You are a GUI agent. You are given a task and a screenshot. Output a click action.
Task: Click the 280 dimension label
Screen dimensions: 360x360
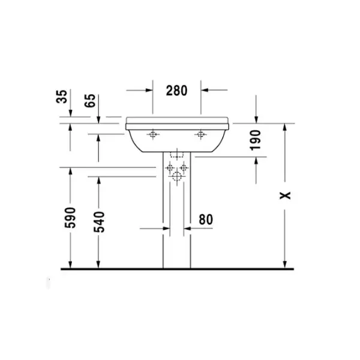[176, 91]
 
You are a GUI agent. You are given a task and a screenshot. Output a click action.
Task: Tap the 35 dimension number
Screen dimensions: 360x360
[62, 97]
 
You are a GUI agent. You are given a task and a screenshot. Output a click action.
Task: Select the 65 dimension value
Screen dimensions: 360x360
[90, 101]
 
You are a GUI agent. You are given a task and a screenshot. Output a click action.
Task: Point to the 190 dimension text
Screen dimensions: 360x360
[256, 140]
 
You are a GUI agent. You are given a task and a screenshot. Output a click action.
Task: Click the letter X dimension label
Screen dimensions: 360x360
[285, 196]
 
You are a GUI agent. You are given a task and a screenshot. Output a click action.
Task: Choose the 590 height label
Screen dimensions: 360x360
[70, 218]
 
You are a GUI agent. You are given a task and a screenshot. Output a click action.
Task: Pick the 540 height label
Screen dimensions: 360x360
[99, 222]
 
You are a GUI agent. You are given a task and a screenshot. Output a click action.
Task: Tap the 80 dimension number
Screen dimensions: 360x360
[206, 220]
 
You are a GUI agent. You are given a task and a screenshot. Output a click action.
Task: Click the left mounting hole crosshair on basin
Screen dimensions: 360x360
[152, 134]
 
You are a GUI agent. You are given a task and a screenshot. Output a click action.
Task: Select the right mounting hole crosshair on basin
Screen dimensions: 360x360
[200, 134]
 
